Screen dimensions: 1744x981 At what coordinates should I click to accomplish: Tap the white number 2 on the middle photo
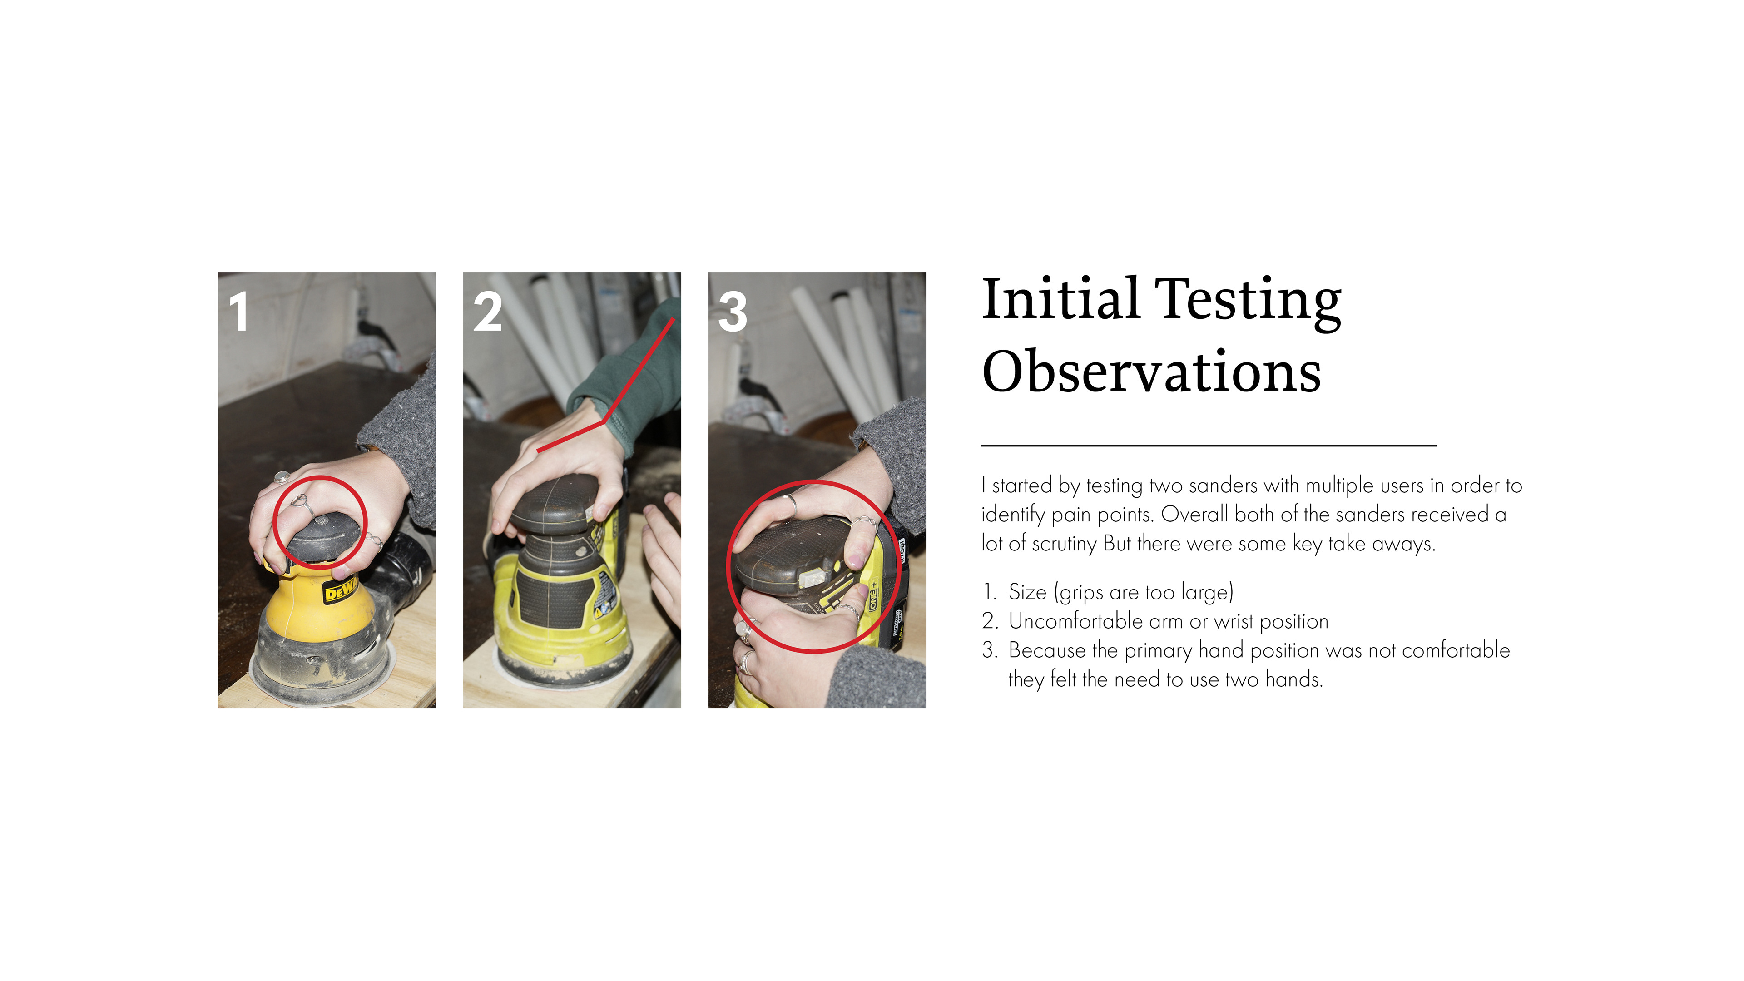pyautogui.click(x=487, y=312)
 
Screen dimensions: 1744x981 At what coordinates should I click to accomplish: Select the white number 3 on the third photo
pyautogui.click(x=733, y=312)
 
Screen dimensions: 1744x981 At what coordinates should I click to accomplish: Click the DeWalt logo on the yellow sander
pyautogui.click(x=341, y=591)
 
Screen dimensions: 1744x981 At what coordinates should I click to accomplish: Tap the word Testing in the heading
pyautogui.click(x=1248, y=300)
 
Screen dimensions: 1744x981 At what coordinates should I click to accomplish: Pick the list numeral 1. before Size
pyautogui.click(x=989, y=592)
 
